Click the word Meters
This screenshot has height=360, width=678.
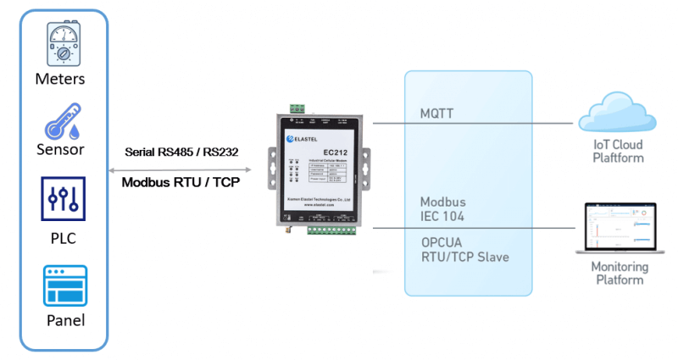60,79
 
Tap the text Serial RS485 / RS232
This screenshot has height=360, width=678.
181,152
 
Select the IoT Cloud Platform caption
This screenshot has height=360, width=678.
619,151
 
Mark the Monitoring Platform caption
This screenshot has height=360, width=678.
620,273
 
